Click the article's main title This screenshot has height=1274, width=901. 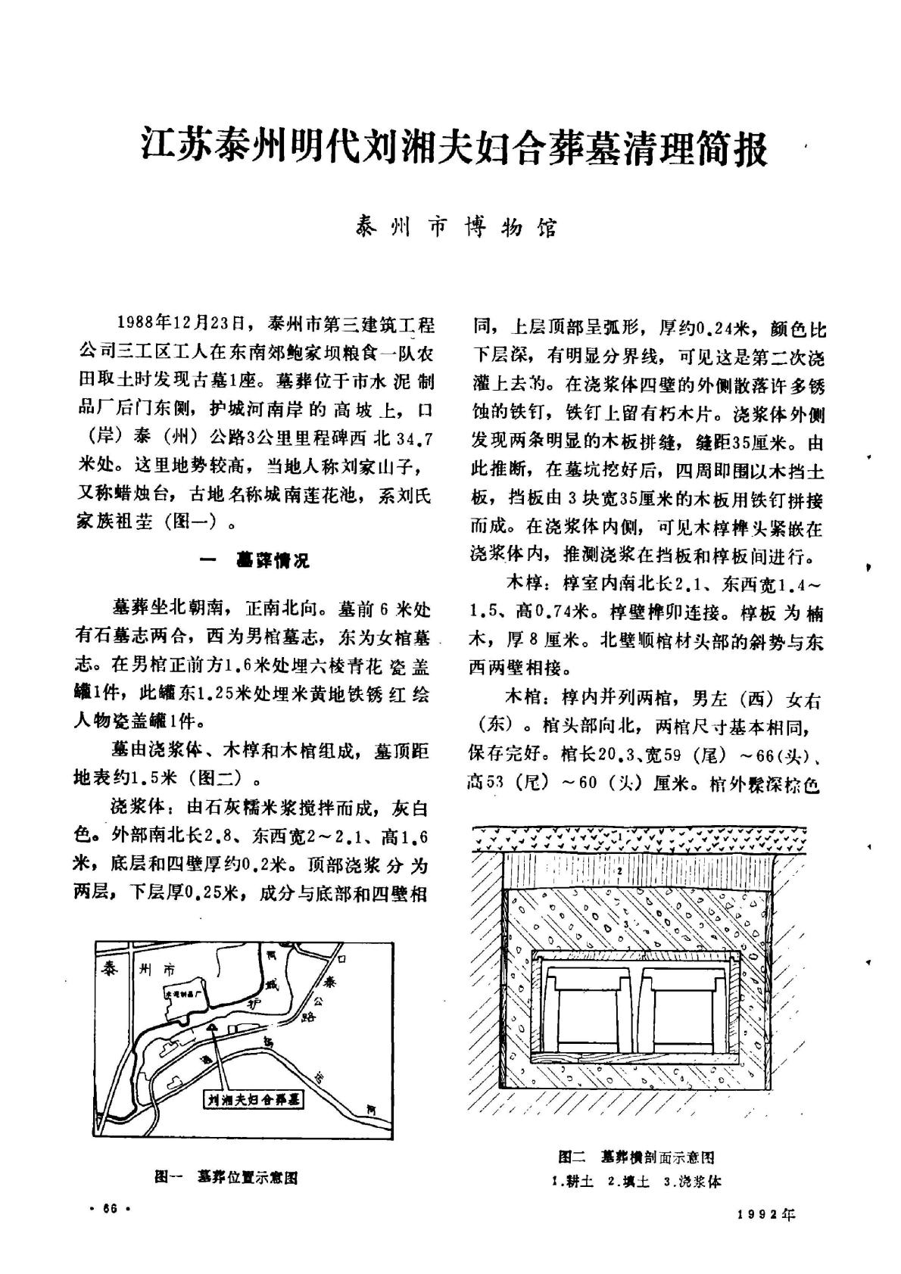[x=455, y=147]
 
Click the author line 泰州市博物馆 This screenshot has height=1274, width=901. [x=456, y=227]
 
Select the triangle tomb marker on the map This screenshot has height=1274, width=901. [x=214, y=1027]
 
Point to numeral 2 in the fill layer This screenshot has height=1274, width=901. [x=619, y=872]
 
